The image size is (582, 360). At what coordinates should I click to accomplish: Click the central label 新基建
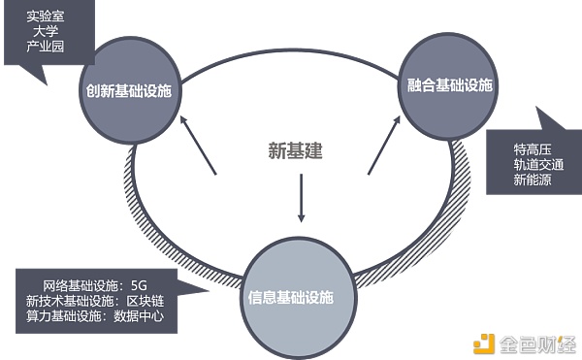coord(295,150)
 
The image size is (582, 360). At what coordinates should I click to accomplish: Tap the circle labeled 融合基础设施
coord(447,85)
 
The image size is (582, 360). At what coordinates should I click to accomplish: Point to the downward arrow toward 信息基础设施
coord(301,198)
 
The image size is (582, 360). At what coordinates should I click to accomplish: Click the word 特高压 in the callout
coord(533,150)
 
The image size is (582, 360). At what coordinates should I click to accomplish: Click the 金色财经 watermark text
coord(534,342)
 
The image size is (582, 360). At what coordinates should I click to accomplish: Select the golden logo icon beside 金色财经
coord(483,342)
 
